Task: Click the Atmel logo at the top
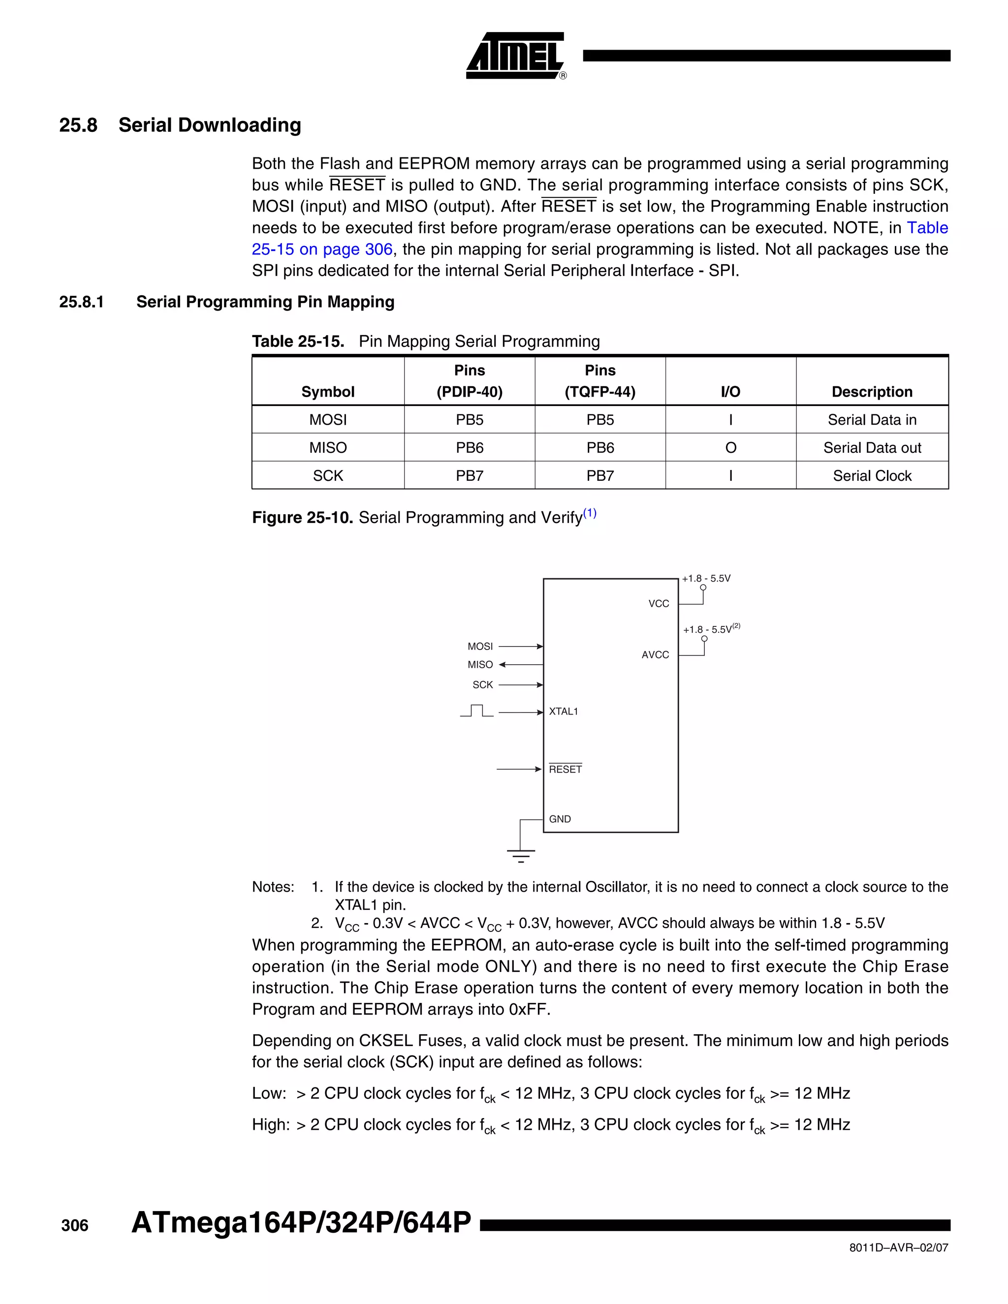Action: (515, 56)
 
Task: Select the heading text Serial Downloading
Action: (210, 125)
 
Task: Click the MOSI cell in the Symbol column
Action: (328, 420)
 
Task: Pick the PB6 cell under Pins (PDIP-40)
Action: (470, 448)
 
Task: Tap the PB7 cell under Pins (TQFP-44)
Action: (599, 476)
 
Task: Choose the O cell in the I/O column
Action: (730, 448)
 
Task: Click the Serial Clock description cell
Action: (872, 476)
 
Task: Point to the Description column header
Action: (872, 392)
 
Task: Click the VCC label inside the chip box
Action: (659, 604)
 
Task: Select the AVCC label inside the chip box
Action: (655, 655)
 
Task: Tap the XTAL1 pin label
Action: (563, 711)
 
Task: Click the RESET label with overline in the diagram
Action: (565, 769)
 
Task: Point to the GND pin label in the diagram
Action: (560, 819)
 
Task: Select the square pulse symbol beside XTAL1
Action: (476, 711)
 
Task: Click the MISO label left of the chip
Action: (480, 664)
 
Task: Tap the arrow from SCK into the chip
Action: (520, 685)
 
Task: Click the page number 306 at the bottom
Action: (75, 1226)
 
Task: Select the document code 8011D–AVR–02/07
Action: (898, 1247)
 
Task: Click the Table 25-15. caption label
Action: (298, 342)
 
